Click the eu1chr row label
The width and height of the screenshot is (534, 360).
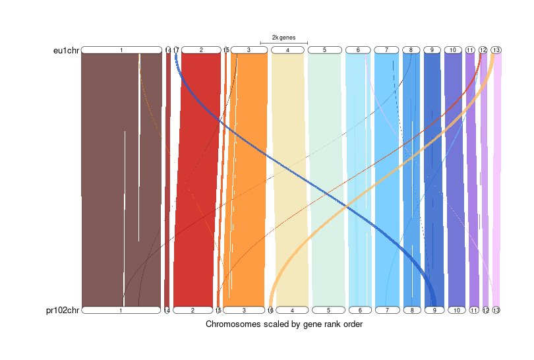pos(66,50)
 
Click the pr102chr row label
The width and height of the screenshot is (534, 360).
pos(64,310)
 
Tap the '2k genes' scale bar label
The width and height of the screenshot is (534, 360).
pos(283,38)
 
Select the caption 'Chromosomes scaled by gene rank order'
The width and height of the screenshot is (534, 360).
pos(284,324)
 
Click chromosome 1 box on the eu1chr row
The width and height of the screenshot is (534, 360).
pos(121,50)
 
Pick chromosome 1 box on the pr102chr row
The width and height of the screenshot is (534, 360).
pos(121,310)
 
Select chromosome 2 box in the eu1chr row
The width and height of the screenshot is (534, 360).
pos(201,50)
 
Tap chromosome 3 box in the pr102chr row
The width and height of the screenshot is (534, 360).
pos(243,310)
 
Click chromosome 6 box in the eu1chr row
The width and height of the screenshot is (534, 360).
pos(358,50)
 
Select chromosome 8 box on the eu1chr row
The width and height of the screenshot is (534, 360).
pos(411,50)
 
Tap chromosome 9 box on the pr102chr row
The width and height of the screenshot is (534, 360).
pos(434,310)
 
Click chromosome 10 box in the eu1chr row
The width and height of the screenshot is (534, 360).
pos(452,50)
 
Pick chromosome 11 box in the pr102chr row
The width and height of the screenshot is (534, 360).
pos(473,310)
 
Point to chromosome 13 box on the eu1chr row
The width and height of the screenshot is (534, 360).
pos(496,50)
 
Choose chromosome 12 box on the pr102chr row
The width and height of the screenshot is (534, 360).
pos(486,310)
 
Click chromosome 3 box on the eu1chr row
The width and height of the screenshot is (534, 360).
pos(249,50)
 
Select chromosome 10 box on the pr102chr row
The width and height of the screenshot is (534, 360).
pos(456,310)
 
